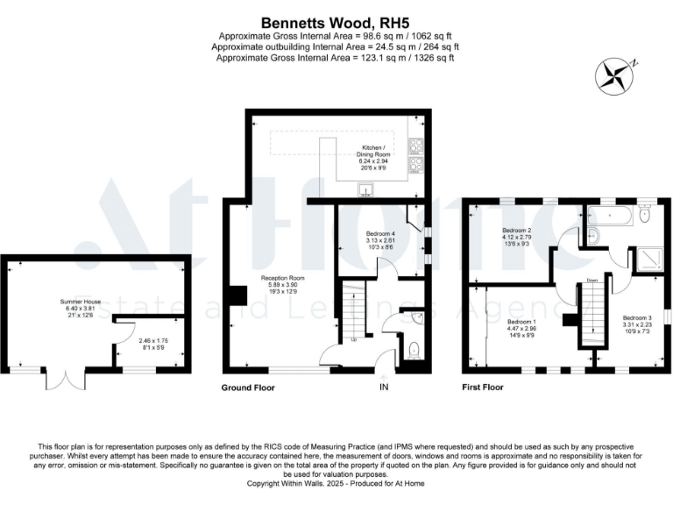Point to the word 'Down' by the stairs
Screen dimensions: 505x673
click(x=593, y=281)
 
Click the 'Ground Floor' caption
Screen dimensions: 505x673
click(x=250, y=386)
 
